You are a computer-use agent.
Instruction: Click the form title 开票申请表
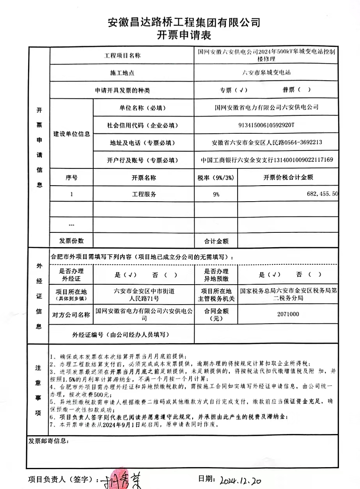pyautogui.click(x=184, y=35)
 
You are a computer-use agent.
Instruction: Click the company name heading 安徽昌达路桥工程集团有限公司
pyautogui.click(x=184, y=22)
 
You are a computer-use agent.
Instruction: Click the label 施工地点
pyautogui.click(x=122, y=73)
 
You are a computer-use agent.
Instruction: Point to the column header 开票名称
pyautogui.click(x=144, y=177)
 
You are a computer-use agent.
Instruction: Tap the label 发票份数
pyautogui.click(x=71, y=241)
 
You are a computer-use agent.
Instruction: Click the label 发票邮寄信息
pyautogui.click(x=49, y=441)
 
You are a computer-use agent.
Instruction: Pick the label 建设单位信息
pyautogui.click(x=72, y=134)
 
